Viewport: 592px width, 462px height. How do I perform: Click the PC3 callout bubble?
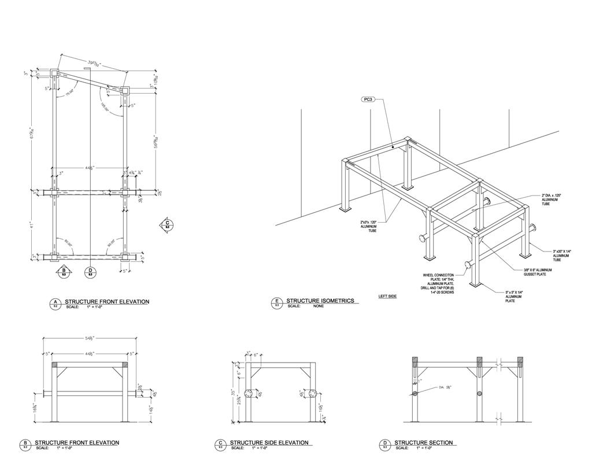[368, 99]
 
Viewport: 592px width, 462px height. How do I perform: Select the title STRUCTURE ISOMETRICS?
[320, 301]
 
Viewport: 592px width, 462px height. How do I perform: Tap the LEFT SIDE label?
[387, 297]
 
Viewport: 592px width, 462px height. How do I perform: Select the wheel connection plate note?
[438, 284]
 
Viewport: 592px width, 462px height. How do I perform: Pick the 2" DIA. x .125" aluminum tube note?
[552, 199]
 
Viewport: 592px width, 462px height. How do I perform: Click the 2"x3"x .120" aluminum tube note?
[368, 226]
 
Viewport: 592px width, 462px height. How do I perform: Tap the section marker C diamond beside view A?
[167, 224]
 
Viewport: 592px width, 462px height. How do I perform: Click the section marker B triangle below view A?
[64, 271]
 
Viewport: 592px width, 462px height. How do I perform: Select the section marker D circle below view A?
[90, 271]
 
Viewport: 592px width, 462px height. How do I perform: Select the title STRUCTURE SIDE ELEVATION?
[269, 443]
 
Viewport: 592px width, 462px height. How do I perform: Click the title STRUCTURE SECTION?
[424, 443]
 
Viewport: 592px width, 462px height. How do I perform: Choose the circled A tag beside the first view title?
[55, 302]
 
